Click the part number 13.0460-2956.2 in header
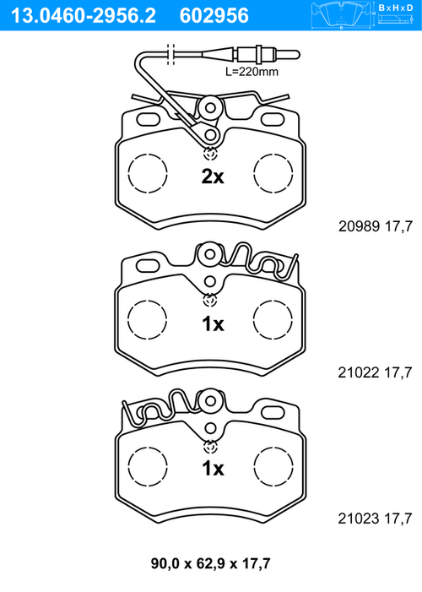84,15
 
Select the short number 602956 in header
214,15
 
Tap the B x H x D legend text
396,8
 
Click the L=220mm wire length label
252,71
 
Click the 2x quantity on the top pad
213,177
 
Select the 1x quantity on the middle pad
213,324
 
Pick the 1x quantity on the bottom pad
213,469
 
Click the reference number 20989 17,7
376,226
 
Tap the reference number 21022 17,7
375,372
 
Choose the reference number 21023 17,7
375,519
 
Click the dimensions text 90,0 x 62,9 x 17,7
211,563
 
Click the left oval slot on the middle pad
148,266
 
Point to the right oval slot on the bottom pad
273,413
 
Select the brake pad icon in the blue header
342,15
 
